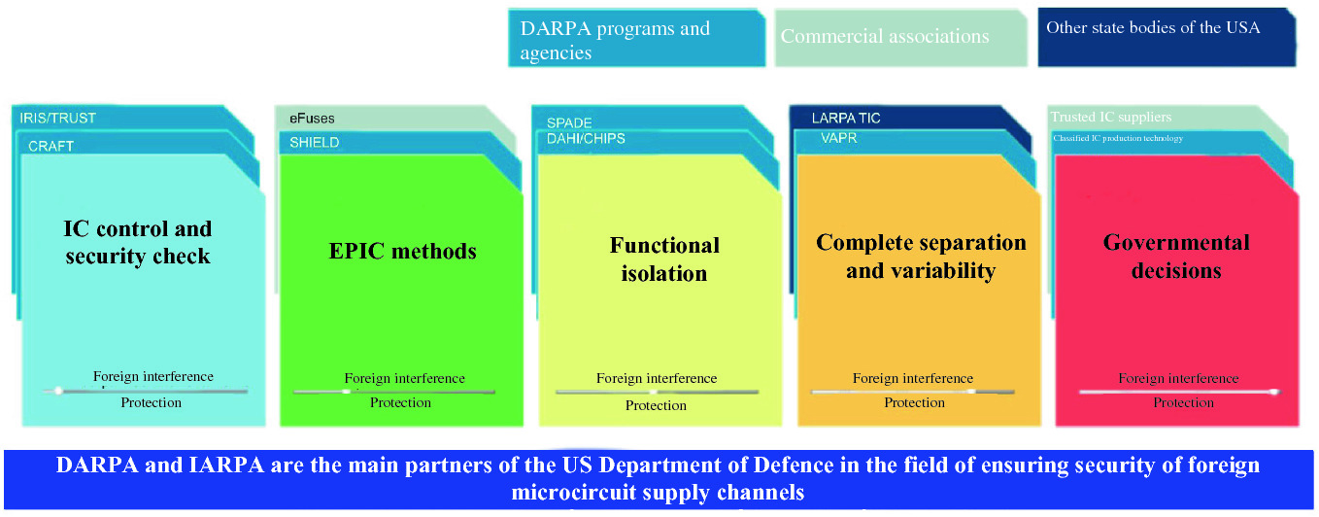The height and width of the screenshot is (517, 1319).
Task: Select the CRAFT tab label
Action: point(51,147)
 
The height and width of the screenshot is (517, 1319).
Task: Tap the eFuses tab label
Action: point(312,119)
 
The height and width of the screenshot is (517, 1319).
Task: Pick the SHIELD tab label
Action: point(314,143)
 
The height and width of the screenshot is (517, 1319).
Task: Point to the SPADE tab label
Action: point(569,123)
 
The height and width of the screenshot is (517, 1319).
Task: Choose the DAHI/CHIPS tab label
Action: point(586,139)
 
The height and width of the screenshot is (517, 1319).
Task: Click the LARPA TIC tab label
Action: point(846,119)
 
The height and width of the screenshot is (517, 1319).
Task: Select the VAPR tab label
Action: point(839,139)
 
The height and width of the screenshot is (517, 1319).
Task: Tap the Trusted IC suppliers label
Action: point(1110,118)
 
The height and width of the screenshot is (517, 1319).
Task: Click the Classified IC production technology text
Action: point(1118,138)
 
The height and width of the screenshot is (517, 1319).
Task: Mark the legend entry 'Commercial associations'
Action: point(885,37)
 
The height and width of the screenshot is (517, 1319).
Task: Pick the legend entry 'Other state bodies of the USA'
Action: point(1153,28)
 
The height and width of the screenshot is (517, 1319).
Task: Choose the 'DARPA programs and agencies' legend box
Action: point(615,41)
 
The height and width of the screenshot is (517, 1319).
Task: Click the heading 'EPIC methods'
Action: point(402,252)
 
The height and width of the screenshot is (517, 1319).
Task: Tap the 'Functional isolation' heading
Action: point(664,258)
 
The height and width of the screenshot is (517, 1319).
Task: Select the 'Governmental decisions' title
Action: point(1176,256)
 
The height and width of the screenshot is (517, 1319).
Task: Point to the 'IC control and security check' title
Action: point(137,243)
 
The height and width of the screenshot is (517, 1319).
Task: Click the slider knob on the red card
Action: point(1273,392)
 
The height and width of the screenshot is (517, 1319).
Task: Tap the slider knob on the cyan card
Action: point(58,391)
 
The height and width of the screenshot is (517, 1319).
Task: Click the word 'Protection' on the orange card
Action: point(914,403)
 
